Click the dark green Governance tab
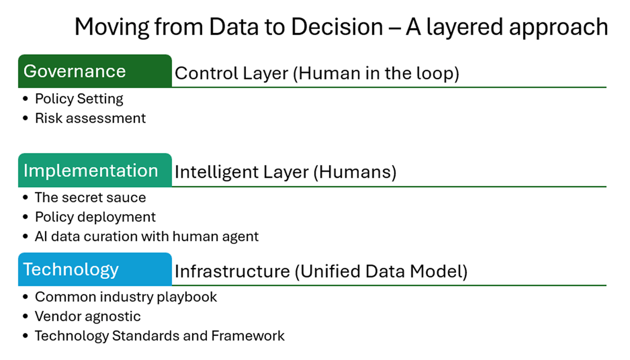point(95,71)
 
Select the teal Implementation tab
point(95,170)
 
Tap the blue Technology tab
point(95,269)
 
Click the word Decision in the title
point(337,27)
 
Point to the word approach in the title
point(559,27)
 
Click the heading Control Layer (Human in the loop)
point(317,73)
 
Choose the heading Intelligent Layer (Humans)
point(286,172)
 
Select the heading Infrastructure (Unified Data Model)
point(321,271)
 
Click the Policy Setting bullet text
point(79,99)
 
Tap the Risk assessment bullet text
point(90,118)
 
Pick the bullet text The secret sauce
point(90,197)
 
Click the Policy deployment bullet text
point(95,217)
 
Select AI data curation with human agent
point(146,237)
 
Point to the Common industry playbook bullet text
point(125,297)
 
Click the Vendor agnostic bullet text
point(88,317)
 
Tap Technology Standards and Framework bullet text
point(160,336)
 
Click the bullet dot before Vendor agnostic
point(25,316)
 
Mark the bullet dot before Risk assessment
point(25,118)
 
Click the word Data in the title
point(234,27)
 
